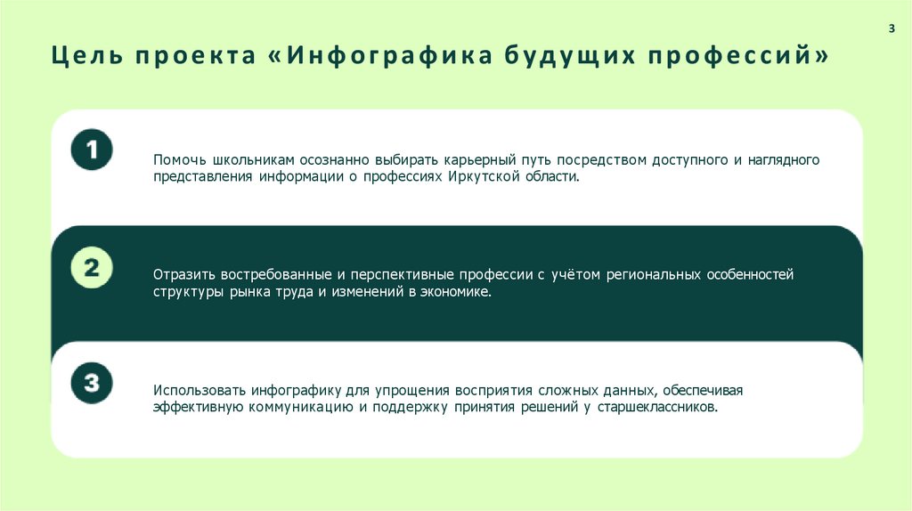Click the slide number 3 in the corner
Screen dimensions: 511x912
point(892,29)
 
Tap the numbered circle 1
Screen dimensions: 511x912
point(92,149)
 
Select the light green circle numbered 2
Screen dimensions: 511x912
point(92,268)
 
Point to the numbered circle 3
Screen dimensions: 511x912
point(92,384)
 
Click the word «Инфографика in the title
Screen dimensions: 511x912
point(379,57)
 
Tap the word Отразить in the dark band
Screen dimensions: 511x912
point(182,274)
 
